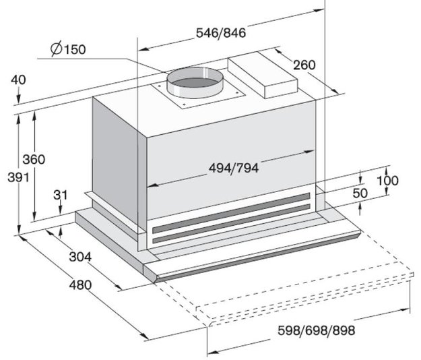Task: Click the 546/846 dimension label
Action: click(x=221, y=33)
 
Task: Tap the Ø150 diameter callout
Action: click(x=68, y=49)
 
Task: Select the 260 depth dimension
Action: click(x=304, y=65)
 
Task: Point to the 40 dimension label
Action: click(x=19, y=80)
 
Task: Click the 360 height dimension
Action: click(x=34, y=160)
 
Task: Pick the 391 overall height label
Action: click(x=18, y=177)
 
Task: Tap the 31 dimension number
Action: click(x=61, y=196)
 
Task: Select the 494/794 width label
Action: click(x=234, y=169)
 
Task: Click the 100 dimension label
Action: click(x=388, y=181)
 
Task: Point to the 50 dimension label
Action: click(x=360, y=193)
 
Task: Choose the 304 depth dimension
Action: click(x=80, y=257)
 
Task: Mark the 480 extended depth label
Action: click(x=80, y=284)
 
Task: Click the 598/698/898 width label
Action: click(x=317, y=330)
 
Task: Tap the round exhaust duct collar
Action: click(x=195, y=82)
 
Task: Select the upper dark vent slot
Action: click(x=231, y=212)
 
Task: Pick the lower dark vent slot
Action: click(x=231, y=224)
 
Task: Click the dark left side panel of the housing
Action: click(x=115, y=158)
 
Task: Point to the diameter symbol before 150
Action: click(x=57, y=49)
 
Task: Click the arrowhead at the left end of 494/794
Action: click(x=152, y=185)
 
